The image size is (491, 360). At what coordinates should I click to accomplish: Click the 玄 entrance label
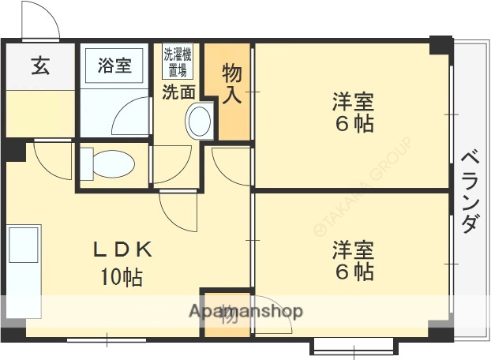pyautogui.click(x=40, y=66)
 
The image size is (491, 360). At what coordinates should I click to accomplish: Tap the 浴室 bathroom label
pyautogui.click(x=114, y=66)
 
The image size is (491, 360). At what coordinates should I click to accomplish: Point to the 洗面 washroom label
pyautogui.click(x=178, y=92)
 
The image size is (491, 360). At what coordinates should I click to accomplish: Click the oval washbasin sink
pyautogui.click(x=198, y=122)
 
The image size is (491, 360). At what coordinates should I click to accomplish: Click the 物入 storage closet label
pyautogui.click(x=231, y=84)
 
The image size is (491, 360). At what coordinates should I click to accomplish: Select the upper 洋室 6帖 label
pyautogui.click(x=352, y=112)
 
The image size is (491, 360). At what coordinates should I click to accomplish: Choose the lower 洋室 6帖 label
pyautogui.click(x=352, y=261)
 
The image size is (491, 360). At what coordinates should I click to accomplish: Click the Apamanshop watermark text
pyautogui.click(x=245, y=311)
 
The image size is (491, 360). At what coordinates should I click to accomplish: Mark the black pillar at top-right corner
pyautogui.click(x=440, y=46)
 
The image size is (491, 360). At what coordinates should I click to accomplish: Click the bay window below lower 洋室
pyautogui.click(x=353, y=345)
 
